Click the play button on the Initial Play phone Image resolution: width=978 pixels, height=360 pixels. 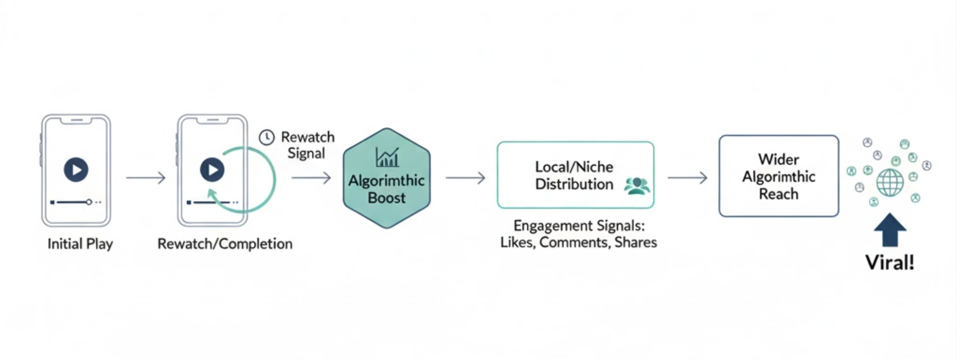coord(76,169)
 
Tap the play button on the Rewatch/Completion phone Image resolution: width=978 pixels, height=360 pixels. coord(212,169)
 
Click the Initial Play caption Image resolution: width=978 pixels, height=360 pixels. coord(80,244)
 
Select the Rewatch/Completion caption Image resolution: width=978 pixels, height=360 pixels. coord(225,244)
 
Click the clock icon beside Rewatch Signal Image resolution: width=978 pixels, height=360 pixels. coord(267,137)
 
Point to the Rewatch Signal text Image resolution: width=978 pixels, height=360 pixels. coord(307,145)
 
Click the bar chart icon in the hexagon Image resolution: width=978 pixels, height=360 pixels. coord(387,157)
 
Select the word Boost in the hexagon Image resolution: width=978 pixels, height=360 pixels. coord(387,198)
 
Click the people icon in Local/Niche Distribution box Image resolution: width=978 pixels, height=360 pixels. coord(637,185)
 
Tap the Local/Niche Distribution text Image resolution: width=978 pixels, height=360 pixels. coord(574,175)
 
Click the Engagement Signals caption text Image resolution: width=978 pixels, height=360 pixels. coord(578,234)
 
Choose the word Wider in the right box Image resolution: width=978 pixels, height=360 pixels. coord(778,159)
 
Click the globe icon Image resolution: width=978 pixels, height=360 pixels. coord(890,182)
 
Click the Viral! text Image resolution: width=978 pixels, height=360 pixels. coord(890,263)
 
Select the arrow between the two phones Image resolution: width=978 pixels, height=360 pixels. coord(146,178)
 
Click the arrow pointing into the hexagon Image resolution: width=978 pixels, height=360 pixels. coord(311,178)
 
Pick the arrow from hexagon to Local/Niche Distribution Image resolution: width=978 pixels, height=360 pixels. coord(465,178)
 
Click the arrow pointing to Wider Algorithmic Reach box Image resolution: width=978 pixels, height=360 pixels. coord(687,178)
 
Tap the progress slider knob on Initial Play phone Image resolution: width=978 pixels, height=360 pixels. coord(89,202)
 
